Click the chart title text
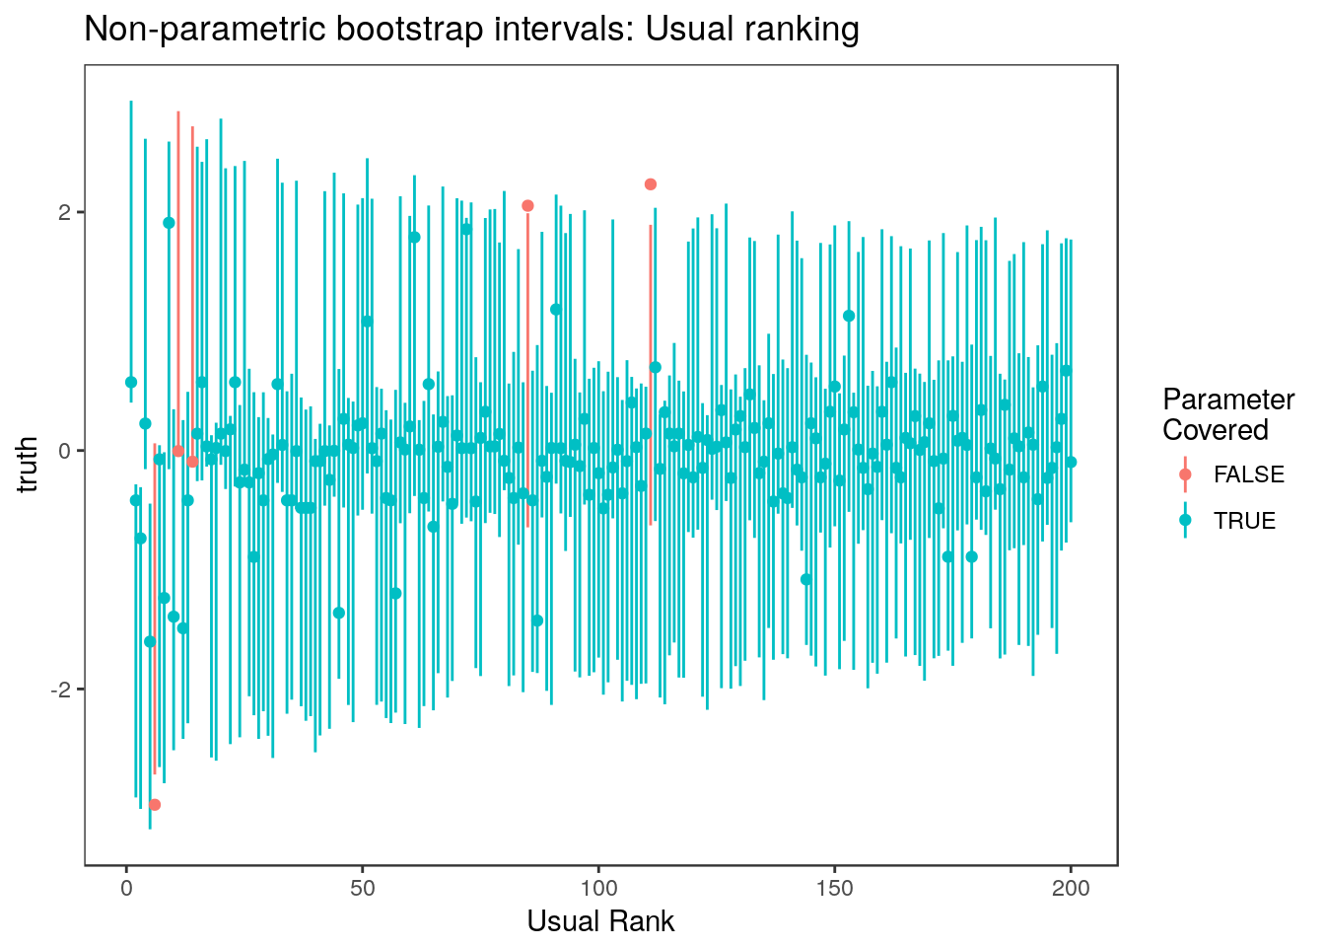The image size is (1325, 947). coord(471,30)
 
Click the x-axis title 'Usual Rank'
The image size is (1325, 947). coord(600,921)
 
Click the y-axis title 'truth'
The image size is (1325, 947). coord(29,465)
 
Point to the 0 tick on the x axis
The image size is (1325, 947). coord(126,888)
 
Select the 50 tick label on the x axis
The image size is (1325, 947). coord(363,888)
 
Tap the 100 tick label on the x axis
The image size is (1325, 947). coord(598,888)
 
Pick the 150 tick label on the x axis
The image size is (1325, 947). coord(834,888)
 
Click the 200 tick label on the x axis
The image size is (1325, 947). coord(1071,888)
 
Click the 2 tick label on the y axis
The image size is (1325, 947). coord(67,213)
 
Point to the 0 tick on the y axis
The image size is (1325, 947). coord(67,451)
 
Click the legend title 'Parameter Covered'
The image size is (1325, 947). coord(1227,414)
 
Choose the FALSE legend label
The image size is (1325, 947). coord(1248,475)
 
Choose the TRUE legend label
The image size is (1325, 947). coord(1244,521)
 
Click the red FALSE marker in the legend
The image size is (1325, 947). coord(1185,474)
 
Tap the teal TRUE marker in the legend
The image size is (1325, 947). coord(1185,520)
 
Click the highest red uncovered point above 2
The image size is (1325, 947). coord(651,184)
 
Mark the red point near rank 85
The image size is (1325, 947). coord(527,206)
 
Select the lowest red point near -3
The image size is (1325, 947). coord(155,805)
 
